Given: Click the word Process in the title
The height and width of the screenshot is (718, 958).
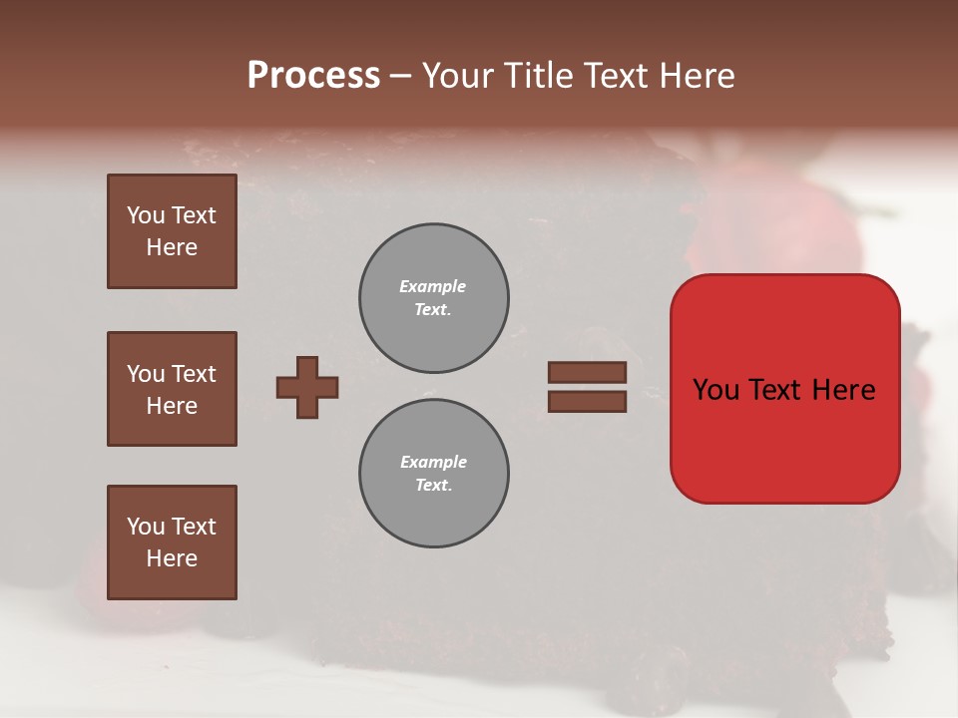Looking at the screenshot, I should (x=313, y=76).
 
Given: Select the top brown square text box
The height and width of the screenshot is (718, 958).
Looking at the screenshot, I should (x=172, y=231).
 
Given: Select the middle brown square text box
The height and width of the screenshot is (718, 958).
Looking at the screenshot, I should (x=172, y=389).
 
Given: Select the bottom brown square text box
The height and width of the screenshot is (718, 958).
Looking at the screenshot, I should (x=172, y=542).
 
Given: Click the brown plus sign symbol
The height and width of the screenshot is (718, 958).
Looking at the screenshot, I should (x=307, y=387).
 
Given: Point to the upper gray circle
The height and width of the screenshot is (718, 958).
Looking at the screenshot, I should (x=434, y=298).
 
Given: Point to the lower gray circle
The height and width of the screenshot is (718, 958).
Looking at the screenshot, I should (x=434, y=474).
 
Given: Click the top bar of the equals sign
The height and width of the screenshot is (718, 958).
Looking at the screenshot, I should (x=587, y=373).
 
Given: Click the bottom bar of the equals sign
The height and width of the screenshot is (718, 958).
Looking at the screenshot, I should (x=587, y=402).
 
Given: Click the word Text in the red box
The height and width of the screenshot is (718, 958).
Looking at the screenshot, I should (x=772, y=390).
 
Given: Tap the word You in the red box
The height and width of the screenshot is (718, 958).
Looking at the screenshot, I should (x=715, y=390).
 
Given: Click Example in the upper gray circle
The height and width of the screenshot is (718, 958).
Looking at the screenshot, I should (x=433, y=286).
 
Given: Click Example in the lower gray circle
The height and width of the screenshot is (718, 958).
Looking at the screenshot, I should (x=433, y=462).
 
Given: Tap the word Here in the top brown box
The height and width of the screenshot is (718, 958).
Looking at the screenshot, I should (x=172, y=247).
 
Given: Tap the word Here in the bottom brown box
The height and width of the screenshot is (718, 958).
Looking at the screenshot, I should (x=172, y=558).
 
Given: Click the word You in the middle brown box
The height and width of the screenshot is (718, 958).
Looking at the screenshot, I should (x=146, y=374).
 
